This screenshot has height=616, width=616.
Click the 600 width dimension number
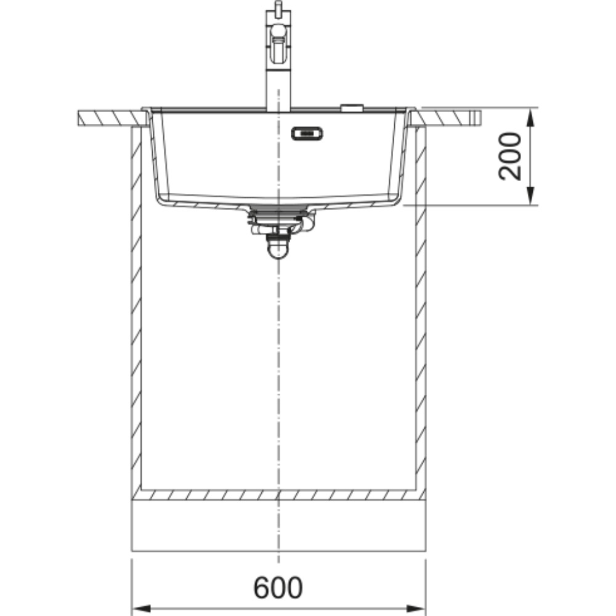click(278, 588)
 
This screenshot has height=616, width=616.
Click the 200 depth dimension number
click(511, 156)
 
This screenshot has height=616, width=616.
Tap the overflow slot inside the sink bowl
click(307, 132)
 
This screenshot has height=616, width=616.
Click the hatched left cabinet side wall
click(136, 308)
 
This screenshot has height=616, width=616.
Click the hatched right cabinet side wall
click(421, 308)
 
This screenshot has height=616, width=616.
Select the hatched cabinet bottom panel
click(278, 495)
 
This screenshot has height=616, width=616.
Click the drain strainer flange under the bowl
click(278, 211)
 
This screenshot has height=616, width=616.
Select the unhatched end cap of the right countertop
click(475, 117)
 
